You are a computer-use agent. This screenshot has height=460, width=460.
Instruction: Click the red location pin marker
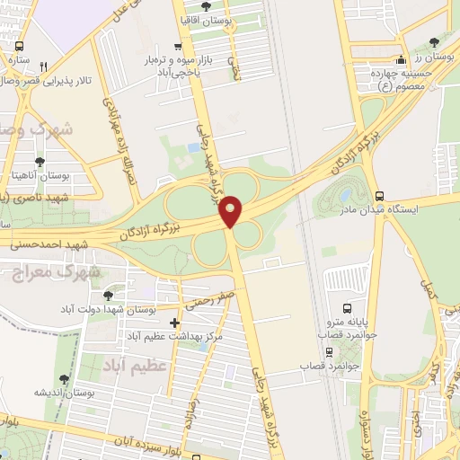click(x=231, y=210)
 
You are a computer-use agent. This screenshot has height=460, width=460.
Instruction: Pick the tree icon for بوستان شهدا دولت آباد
click(x=109, y=294)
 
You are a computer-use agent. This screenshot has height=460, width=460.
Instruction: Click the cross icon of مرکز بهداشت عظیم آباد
click(x=174, y=323)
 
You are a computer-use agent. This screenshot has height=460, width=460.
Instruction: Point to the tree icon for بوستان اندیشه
click(x=63, y=381)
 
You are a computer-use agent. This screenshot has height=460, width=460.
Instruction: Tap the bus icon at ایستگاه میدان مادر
click(x=379, y=195)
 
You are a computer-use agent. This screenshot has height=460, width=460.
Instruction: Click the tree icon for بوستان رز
click(x=436, y=41)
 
